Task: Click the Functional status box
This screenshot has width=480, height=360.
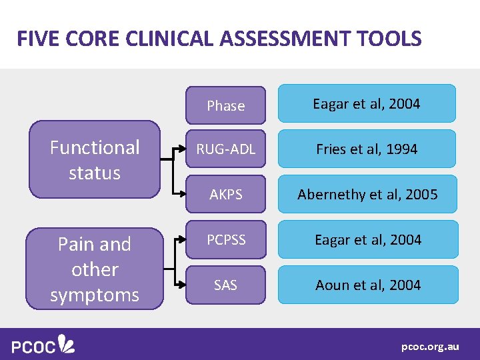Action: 95,160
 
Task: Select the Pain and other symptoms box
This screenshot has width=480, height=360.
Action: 95,269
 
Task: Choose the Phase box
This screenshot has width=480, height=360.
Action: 225,105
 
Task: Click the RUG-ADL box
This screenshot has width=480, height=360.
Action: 225,149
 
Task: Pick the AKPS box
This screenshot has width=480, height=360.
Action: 225,194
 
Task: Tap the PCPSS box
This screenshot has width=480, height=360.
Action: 225,239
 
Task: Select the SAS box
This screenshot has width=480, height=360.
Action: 225,285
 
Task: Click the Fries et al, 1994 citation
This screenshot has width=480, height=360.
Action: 367,149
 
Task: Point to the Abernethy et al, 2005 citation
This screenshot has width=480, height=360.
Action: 367,194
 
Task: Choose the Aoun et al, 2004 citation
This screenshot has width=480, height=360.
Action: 367,285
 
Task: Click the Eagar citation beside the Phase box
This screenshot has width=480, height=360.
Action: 367,104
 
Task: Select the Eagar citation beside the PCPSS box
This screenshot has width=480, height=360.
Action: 367,239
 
